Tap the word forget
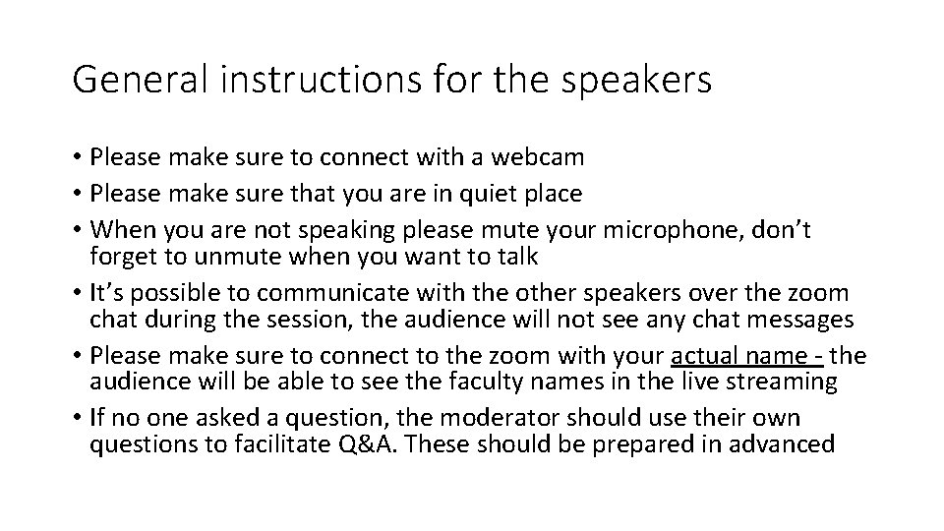click(122, 258)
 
